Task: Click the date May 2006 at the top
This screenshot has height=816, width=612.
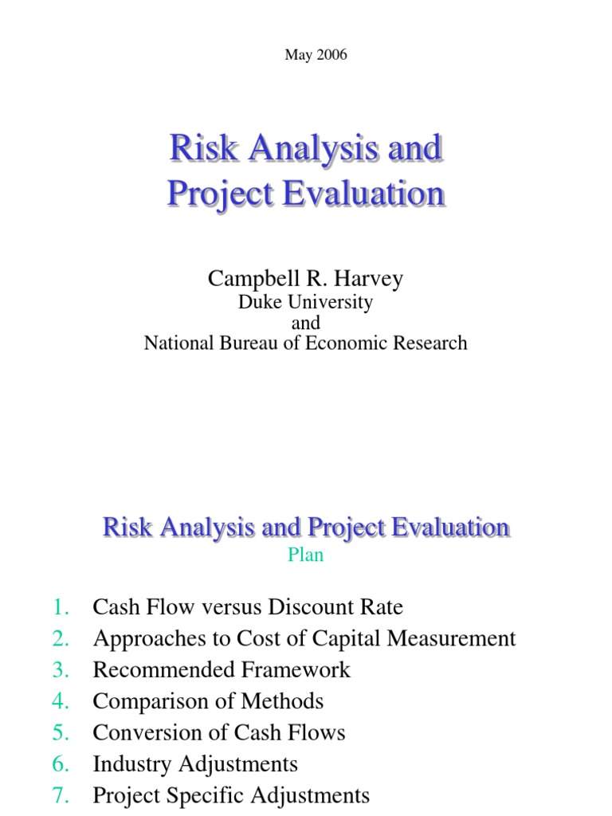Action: (305, 55)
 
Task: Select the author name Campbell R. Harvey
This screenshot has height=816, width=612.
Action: (305, 278)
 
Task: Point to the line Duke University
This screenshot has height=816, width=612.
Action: (305, 303)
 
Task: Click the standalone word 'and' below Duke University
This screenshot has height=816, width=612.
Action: (305, 323)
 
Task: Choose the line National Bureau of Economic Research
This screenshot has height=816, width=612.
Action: (305, 343)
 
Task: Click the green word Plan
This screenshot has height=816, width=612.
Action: (305, 555)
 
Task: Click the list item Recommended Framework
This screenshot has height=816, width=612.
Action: (222, 670)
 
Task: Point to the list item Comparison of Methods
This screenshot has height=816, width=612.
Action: (208, 701)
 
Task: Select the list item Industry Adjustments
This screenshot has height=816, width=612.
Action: (195, 764)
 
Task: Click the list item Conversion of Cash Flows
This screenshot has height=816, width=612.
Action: (219, 733)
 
